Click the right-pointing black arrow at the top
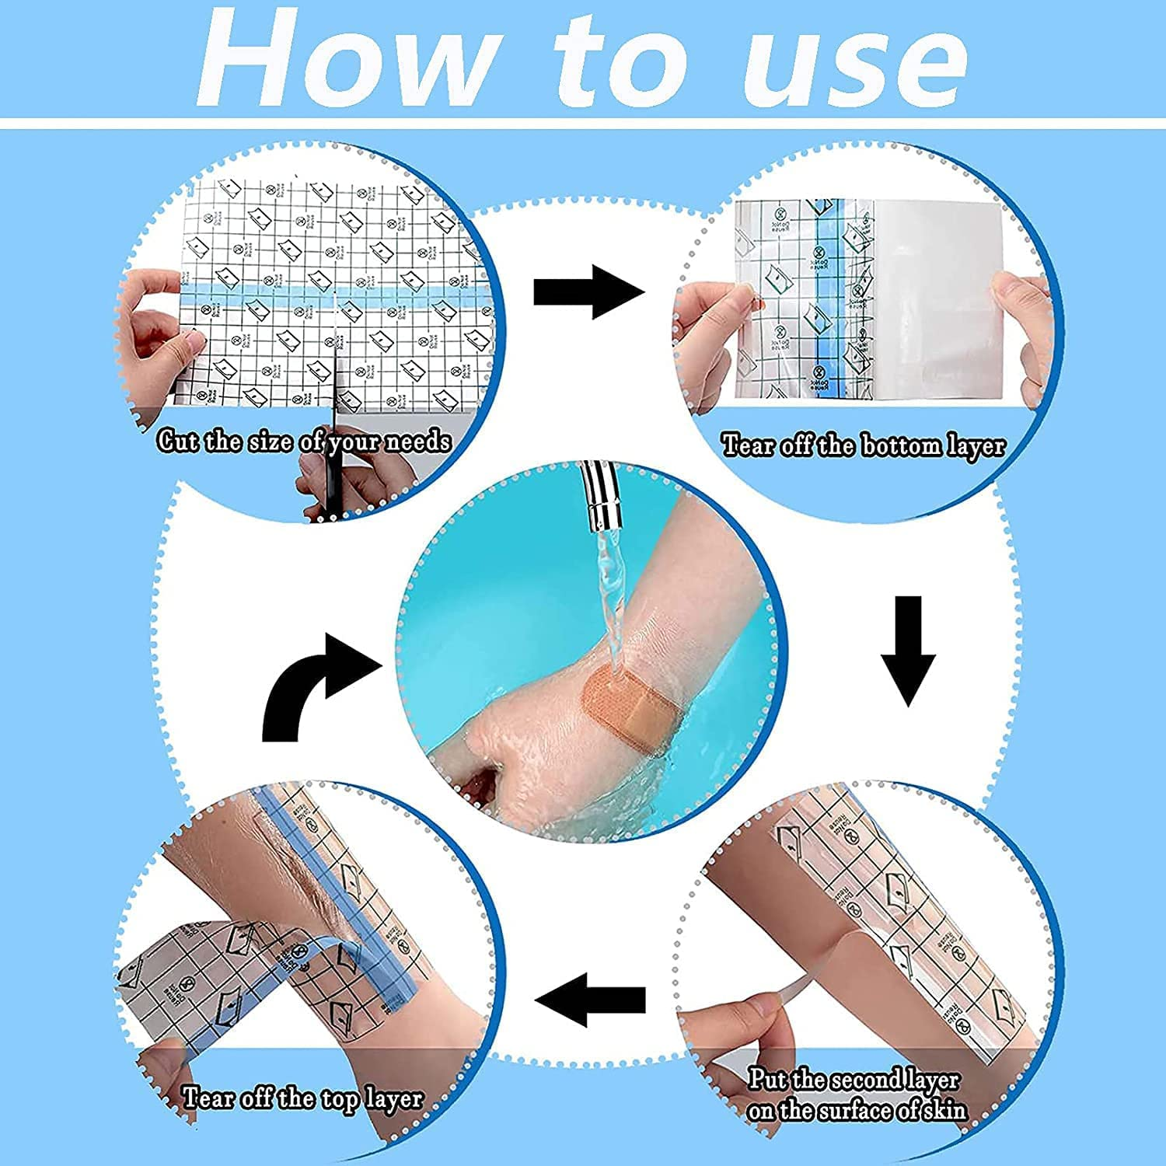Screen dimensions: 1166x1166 pyautogui.click(x=589, y=291)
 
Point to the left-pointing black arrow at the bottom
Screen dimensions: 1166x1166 pyautogui.click(x=591, y=999)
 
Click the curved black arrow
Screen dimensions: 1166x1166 pyautogui.click(x=311, y=684)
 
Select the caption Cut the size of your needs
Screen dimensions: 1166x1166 pyautogui.click(x=304, y=442)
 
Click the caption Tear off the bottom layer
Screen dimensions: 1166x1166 pyautogui.click(x=863, y=446)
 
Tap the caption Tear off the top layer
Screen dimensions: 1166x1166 pyautogui.click(x=302, y=1098)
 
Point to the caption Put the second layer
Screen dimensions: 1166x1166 pyautogui.click(x=854, y=1080)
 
